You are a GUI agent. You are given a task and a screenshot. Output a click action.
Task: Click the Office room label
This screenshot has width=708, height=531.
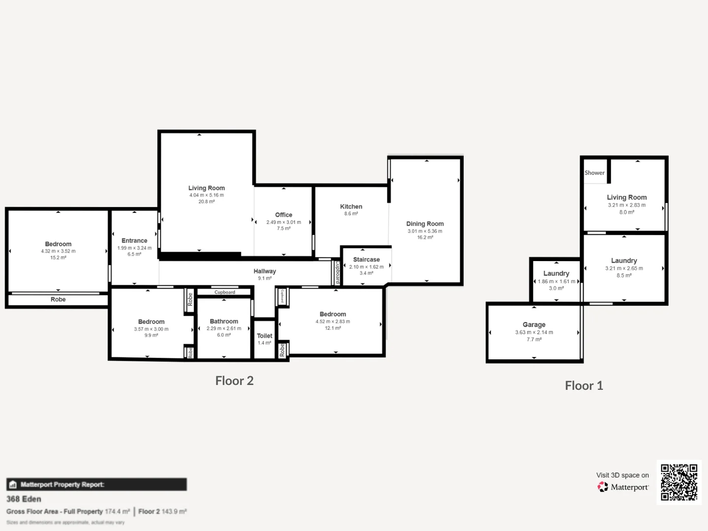(x=284, y=215)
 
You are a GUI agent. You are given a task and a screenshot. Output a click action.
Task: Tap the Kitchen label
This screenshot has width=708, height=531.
(x=351, y=206)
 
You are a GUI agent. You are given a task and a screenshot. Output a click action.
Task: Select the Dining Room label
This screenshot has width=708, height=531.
(x=425, y=224)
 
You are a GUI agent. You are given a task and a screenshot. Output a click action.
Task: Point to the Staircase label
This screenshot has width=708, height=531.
(x=366, y=260)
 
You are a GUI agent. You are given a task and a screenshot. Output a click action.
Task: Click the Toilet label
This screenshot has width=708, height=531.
(x=265, y=336)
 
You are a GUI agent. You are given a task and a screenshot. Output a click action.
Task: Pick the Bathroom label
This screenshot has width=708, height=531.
(x=224, y=322)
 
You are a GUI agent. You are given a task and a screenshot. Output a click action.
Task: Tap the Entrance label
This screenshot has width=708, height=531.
(x=134, y=240)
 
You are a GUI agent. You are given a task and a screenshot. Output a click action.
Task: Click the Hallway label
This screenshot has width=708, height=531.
(x=265, y=271)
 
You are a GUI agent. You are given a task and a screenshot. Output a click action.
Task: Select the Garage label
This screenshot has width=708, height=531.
(x=534, y=324)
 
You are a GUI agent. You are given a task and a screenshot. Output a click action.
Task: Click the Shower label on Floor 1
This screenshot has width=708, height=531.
(x=594, y=173)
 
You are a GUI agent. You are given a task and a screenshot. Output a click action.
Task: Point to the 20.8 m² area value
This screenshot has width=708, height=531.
(x=206, y=202)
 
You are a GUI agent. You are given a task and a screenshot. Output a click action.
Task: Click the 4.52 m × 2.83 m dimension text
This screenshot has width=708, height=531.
(x=333, y=322)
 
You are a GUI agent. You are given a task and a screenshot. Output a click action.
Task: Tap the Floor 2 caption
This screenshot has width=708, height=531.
(x=235, y=381)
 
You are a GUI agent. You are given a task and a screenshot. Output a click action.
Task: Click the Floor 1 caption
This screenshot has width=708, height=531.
(x=584, y=385)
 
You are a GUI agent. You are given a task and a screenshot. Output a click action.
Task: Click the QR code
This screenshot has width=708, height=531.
(x=679, y=482)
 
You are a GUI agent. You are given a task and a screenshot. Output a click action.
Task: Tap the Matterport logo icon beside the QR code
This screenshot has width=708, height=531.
(x=603, y=487)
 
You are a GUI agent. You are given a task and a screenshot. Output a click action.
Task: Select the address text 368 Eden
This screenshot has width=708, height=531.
(x=24, y=499)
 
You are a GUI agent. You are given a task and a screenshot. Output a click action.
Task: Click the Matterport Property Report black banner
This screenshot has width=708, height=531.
(x=96, y=484)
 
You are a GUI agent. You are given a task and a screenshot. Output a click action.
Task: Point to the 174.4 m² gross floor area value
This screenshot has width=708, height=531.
(x=118, y=511)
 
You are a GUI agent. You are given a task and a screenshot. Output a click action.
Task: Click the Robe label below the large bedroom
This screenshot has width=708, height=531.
(x=58, y=299)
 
